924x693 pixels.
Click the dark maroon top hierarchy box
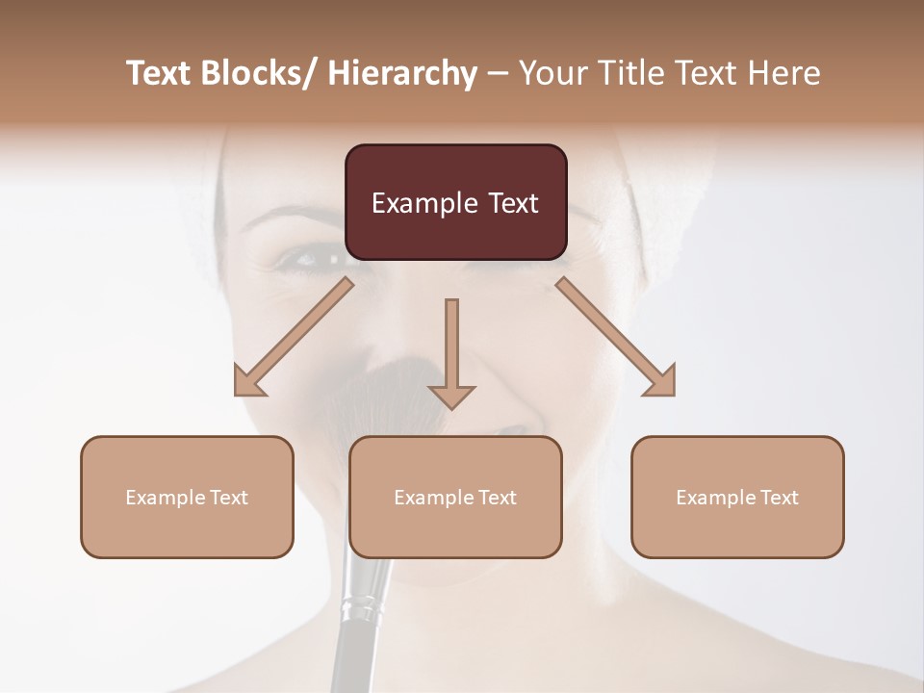coord(455,202)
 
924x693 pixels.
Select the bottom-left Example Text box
coord(187,497)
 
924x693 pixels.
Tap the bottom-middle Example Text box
coord(455,497)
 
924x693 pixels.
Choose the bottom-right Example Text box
coord(737,497)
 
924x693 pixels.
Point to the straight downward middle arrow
coord(451,352)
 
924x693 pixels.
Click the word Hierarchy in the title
coord(402,73)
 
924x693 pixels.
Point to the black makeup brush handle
coord(348,654)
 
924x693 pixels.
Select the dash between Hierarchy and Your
coord(498,73)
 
